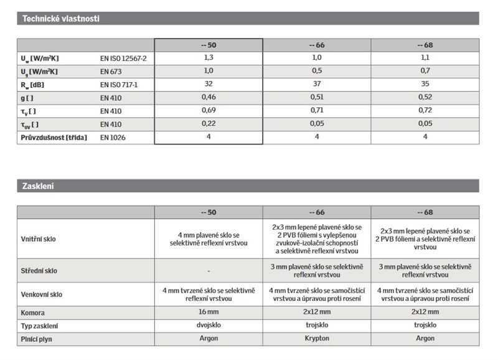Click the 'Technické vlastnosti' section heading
61,19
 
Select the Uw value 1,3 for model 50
209,58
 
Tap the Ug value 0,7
425,71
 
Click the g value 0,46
209,98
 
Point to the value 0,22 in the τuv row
209,124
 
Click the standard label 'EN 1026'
113,137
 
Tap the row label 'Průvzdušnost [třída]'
54,137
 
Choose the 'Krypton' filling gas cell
317,339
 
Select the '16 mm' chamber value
209,312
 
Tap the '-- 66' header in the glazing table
317,212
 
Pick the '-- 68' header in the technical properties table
425,45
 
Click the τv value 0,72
425,111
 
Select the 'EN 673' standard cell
111,71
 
